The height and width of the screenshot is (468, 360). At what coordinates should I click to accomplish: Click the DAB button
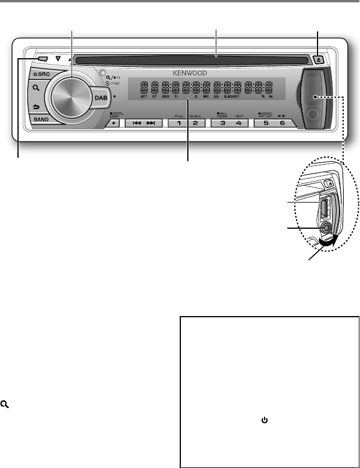[x=101, y=100]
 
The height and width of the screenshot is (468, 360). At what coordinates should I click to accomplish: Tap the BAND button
[x=41, y=119]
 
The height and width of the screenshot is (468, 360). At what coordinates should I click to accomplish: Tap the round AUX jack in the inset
[x=325, y=228]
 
